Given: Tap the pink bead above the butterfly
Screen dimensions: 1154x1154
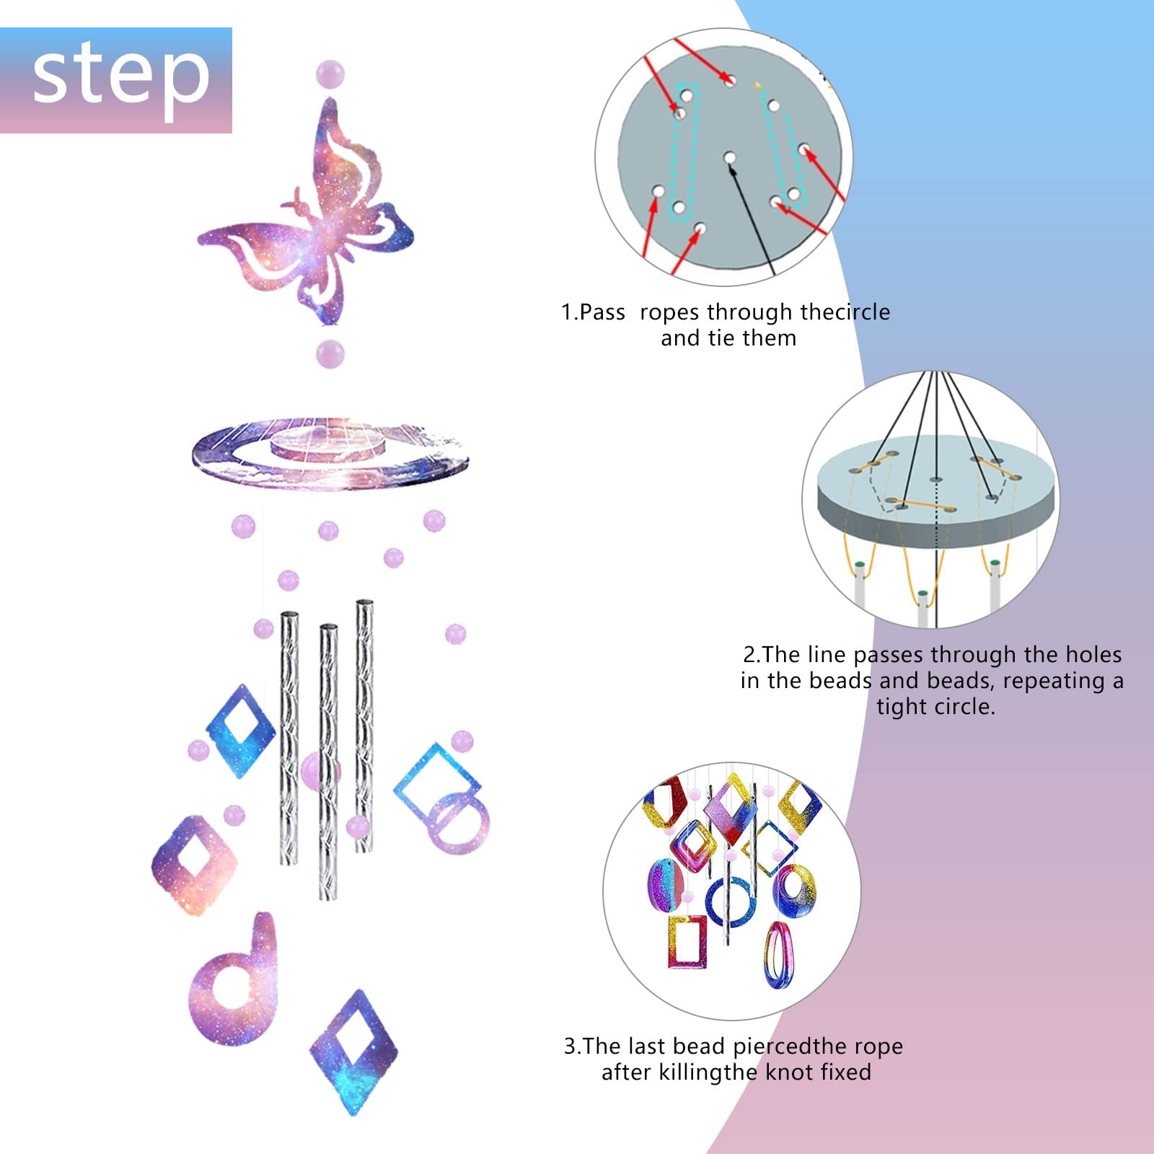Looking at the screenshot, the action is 330,75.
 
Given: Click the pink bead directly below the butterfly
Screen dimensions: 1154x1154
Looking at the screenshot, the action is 330,354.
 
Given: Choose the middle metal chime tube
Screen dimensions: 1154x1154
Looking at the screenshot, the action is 328,762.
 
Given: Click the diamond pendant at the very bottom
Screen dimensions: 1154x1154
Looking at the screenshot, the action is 353,1052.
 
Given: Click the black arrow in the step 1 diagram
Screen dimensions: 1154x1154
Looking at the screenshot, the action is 752,218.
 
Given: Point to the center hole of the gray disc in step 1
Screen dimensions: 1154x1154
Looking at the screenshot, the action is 730,157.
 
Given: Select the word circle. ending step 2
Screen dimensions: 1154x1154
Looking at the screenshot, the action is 966,706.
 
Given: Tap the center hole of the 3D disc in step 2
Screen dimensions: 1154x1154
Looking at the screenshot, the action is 935,480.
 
